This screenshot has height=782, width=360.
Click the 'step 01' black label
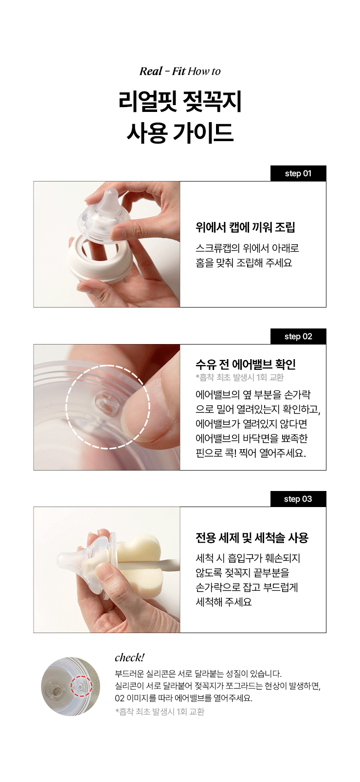point(298,173)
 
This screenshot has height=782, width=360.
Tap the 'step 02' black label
point(298,336)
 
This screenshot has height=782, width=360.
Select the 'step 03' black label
point(298,499)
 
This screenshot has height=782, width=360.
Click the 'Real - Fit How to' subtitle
point(180,71)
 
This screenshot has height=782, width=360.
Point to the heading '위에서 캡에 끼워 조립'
point(245,227)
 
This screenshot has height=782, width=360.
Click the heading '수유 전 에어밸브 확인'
point(246,364)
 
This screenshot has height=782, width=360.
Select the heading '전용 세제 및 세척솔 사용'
point(252,538)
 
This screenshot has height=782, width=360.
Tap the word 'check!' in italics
point(129,658)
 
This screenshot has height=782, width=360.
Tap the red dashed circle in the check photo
point(81,686)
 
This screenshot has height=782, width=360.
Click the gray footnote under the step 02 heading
point(239,378)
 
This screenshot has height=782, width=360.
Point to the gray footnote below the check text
point(160,711)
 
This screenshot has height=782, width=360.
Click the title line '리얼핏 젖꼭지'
point(180,102)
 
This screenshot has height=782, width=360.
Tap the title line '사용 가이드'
point(180,133)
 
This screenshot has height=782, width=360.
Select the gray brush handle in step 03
point(168,563)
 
